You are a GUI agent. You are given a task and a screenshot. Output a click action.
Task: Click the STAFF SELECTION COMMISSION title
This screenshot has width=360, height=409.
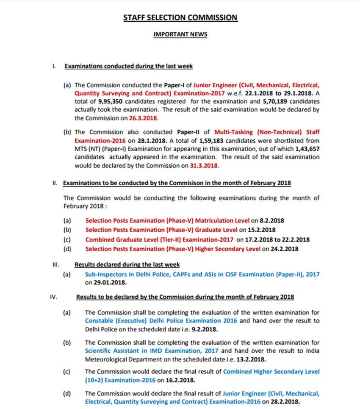(180, 18)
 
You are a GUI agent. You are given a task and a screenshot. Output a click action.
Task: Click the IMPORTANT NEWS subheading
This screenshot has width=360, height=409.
(180, 34)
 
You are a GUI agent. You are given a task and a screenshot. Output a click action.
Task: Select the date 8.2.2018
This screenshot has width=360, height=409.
(271, 220)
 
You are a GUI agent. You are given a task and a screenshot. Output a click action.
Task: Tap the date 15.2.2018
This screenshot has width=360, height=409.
(261, 230)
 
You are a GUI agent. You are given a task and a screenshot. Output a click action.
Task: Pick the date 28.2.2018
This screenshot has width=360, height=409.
(288, 401)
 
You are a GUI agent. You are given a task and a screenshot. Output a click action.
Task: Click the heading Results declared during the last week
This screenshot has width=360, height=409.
(127, 264)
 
